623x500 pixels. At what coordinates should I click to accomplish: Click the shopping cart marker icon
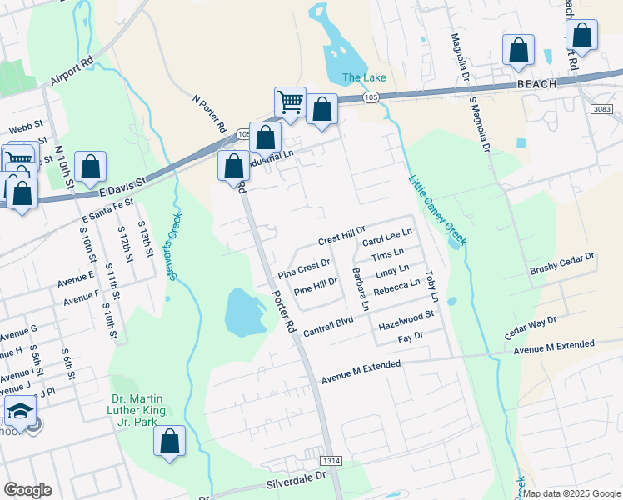coord(290,102)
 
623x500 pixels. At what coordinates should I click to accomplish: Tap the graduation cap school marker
coord(21,411)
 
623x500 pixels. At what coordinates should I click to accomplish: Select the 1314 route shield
coord(331,460)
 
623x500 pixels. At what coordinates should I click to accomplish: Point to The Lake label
coord(364,78)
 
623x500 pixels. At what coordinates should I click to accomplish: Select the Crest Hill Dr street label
coord(342,234)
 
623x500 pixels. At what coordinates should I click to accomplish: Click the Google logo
coord(27,490)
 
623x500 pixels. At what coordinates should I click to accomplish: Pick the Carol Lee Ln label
coord(387,237)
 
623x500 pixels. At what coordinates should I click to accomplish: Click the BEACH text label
coord(536,85)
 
